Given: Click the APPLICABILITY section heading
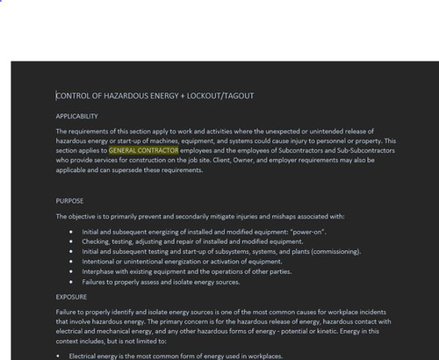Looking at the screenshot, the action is pos(76,117).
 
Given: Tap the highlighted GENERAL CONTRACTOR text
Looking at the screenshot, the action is pos(143,150).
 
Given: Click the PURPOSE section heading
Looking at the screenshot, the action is pos(69,201).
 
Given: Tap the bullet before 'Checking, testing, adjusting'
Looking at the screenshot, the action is pos(70,241).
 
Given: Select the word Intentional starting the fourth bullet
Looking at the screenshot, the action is pos(98,262).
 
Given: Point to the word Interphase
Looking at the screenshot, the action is pos(99,271).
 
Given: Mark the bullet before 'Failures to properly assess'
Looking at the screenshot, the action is pos(70,282).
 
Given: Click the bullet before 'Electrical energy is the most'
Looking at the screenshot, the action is pos(58,356).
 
